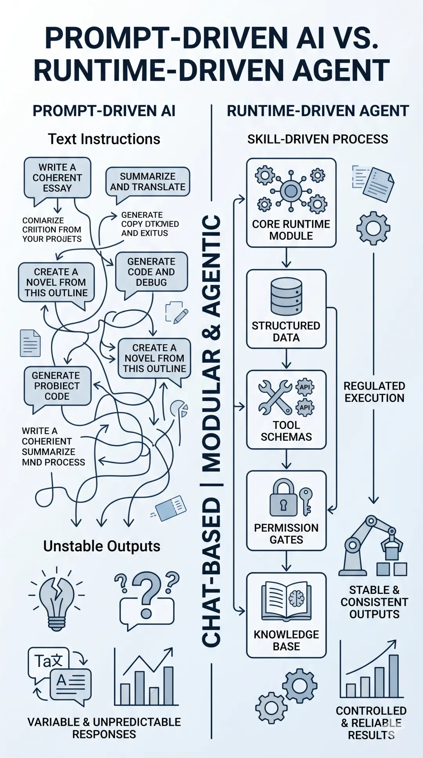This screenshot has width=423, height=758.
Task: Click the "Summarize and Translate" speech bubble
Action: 148,182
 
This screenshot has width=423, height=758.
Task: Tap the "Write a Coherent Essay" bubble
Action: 57,178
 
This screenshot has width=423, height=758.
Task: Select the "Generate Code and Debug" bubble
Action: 151,272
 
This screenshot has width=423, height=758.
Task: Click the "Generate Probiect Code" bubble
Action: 57,386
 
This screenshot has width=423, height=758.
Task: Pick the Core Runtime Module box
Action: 291,203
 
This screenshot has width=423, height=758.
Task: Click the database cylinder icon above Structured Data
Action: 286,297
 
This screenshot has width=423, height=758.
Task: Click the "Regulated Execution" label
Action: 374,392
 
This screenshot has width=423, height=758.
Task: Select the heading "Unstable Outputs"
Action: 102,546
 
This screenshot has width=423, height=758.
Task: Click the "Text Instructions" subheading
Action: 104,139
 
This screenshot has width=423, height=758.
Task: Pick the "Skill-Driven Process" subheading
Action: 318,139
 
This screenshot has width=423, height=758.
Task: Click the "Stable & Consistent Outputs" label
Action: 374,602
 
